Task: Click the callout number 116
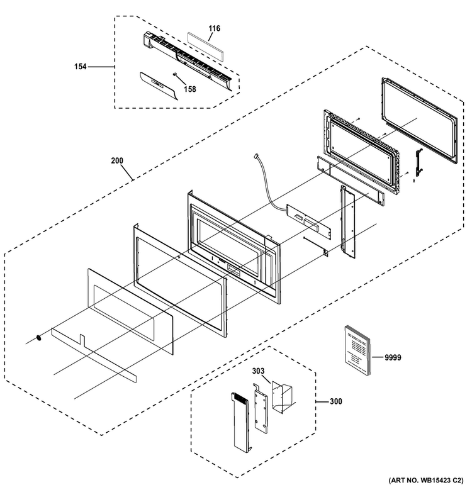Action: point(214,28)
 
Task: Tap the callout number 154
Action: point(81,67)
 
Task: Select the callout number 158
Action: point(190,89)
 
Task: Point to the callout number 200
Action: point(117,160)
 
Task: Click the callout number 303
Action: point(258,371)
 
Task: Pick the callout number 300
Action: point(336,401)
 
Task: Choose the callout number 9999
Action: point(393,357)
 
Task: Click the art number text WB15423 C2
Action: point(441,480)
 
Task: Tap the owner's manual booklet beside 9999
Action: point(357,350)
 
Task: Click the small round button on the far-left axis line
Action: point(39,338)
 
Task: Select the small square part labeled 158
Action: point(175,74)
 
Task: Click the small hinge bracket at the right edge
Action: point(419,162)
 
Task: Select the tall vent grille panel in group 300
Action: point(240,422)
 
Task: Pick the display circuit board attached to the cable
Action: point(309,221)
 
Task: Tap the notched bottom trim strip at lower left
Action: point(94,355)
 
